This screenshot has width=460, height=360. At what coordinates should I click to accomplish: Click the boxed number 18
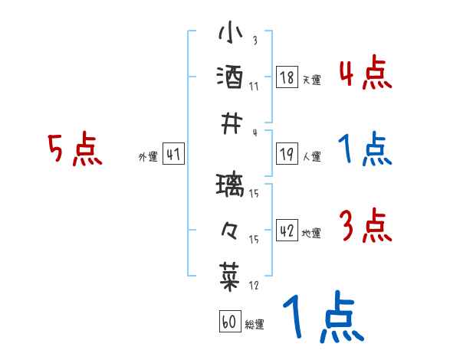click(287, 77)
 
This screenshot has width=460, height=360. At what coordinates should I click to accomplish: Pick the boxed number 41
click(173, 155)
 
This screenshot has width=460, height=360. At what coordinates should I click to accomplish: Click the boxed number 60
click(229, 322)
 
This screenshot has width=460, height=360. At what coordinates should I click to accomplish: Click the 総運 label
click(255, 325)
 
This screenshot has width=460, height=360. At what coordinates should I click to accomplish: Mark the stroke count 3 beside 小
click(254, 41)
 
